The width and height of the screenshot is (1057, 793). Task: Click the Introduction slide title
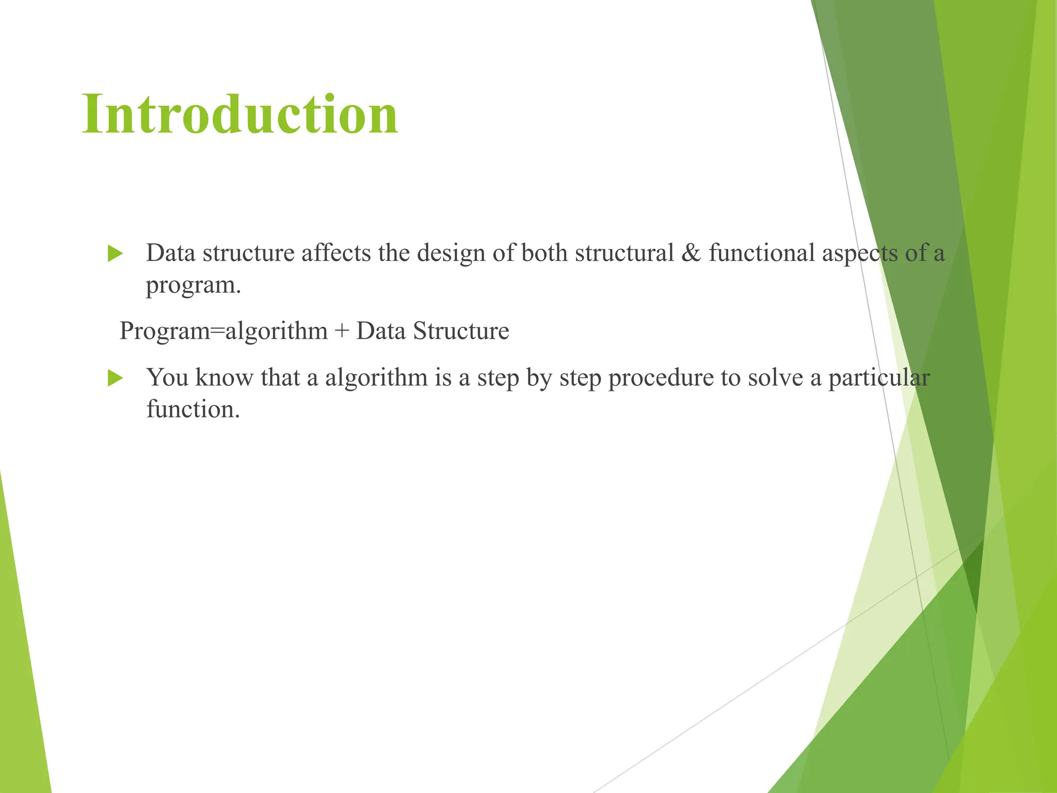pos(240,115)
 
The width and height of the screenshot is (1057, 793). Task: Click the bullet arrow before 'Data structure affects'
pos(115,253)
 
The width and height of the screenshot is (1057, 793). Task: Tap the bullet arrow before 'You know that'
pos(115,378)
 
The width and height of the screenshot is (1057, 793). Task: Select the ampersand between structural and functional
pos(691,253)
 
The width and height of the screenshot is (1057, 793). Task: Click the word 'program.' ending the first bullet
pos(194,286)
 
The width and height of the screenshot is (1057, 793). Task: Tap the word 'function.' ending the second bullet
pos(194,409)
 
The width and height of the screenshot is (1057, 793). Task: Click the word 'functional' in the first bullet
pos(761,253)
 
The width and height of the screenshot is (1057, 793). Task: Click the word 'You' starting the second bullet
pos(168,378)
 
